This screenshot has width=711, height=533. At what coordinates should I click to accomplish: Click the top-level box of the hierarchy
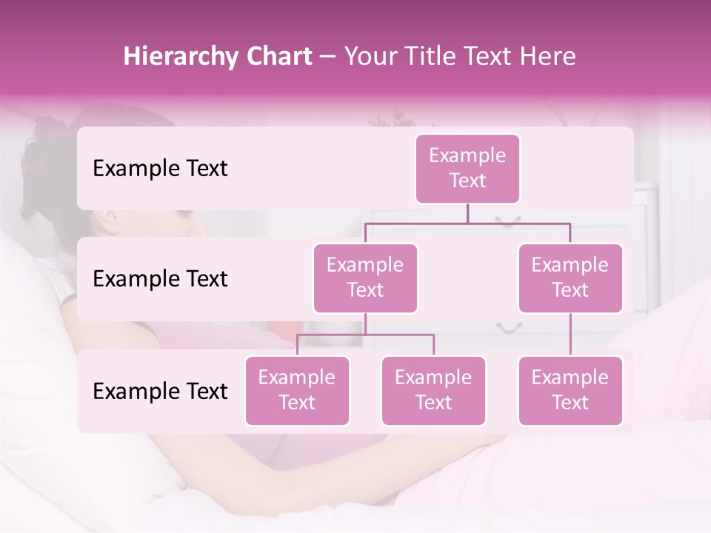pyautogui.click(x=467, y=168)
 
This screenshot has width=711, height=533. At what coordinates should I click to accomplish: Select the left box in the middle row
pyautogui.click(x=365, y=278)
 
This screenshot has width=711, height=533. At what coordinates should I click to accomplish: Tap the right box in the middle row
pyautogui.click(x=570, y=278)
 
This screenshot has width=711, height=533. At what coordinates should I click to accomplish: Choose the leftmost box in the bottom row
pyautogui.click(x=297, y=390)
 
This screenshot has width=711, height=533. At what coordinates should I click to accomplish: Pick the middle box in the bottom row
pyautogui.click(x=433, y=390)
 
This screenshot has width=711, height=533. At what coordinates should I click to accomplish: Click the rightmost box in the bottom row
pyautogui.click(x=570, y=390)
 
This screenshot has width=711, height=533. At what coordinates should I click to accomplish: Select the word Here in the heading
pyautogui.click(x=549, y=56)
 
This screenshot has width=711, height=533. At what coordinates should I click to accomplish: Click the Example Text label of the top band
pyautogui.click(x=160, y=169)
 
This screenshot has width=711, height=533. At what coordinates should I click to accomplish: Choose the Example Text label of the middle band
pyautogui.click(x=160, y=279)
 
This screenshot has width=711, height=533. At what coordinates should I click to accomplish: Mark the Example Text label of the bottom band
pyautogui.click(x=160, y=391)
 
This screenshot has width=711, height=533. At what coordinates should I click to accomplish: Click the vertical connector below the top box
pyautogui.click(x=467, y=213)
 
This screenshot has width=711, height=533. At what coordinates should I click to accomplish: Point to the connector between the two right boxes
pyautogui.click(x=570, y=335)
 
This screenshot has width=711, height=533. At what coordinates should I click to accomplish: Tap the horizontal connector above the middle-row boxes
pyautogui.click(x=467, y=223)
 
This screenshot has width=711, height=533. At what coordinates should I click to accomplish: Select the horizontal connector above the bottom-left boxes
pyautogui.click(x=365, y=335)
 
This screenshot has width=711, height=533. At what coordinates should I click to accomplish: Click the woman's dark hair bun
pyautogui.click(x=46, y=141)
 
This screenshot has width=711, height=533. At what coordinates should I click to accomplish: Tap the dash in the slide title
pyautogui.click(x=328, y=57)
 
